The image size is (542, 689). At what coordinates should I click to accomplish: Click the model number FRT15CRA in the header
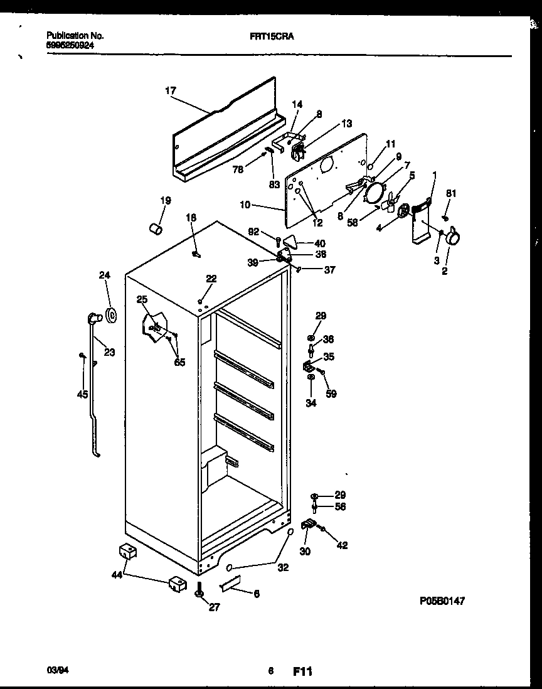click(268, 36)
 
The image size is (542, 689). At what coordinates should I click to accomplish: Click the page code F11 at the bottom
click(302, 671)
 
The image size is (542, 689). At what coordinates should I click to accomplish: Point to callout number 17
click(171, 91)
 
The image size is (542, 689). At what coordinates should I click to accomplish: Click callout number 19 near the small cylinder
click(165, 201)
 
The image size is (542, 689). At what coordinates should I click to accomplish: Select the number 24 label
click(104, 274)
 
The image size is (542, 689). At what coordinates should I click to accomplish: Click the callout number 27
click(214, 607)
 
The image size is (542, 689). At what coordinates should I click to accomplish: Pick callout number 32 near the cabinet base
click(284, 568)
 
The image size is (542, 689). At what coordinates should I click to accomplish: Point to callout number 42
click(342, 545)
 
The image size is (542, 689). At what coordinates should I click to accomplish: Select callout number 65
click(180, 362)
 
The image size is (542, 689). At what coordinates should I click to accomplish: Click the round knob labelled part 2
click(454, 238)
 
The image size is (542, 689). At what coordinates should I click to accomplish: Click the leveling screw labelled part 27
click(199, 591)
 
